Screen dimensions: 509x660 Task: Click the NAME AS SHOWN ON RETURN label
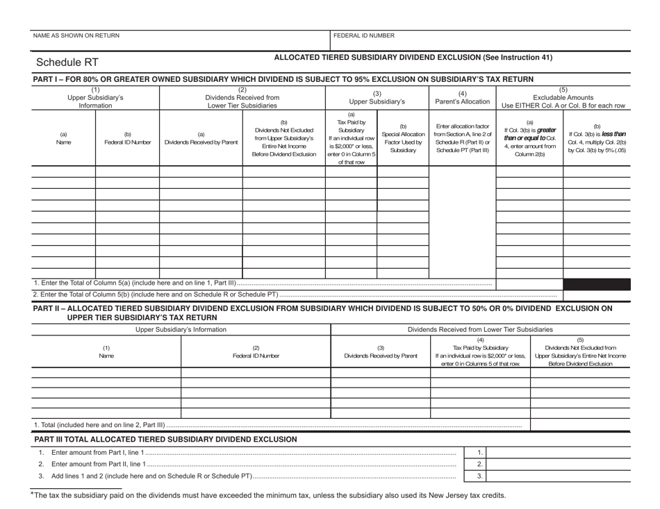coord(75,35)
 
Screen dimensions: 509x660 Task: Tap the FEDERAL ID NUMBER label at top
coord(364,35)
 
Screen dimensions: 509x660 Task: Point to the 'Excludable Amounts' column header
coord(563,97)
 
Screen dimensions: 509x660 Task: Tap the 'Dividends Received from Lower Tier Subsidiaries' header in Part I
coord(242,97)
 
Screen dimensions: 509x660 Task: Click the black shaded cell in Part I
coord(597,284)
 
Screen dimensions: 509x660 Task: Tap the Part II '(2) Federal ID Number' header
coord(255,352)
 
